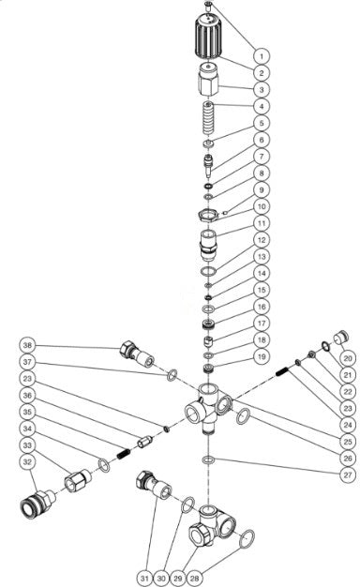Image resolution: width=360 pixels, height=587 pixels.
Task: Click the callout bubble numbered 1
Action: [262, 56]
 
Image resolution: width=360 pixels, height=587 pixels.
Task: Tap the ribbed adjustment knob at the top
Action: [208, 36]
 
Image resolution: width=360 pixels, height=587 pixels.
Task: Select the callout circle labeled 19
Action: [262, 356]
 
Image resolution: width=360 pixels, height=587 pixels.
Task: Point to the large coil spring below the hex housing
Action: [208, 117]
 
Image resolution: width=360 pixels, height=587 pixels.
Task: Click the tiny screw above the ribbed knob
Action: [209, 5]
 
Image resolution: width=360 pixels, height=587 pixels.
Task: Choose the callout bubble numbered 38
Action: [27, 345]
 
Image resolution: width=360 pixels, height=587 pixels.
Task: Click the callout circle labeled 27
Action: [348, 474]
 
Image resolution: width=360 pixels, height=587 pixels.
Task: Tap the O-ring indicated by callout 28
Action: [247, 539]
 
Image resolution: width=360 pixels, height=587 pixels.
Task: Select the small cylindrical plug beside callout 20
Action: [341, 337]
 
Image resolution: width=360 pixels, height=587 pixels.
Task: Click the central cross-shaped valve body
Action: [208, 408]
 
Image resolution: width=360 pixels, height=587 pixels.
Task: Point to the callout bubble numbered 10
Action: [262, 206]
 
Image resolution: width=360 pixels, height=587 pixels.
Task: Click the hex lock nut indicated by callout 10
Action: [208, 216]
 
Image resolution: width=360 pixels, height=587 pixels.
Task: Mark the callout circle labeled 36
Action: [27, 396]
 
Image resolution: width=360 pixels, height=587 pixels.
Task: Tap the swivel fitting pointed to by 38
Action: [137, 354]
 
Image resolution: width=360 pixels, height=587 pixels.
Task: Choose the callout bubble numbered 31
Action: [144, 579]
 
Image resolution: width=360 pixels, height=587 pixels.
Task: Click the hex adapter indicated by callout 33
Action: [78, 481]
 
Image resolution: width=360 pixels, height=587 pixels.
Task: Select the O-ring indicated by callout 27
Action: [208, 459]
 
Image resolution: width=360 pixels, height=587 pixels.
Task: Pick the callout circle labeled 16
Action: [262, 307]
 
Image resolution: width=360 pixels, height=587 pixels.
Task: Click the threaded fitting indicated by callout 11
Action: [208, 246]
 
